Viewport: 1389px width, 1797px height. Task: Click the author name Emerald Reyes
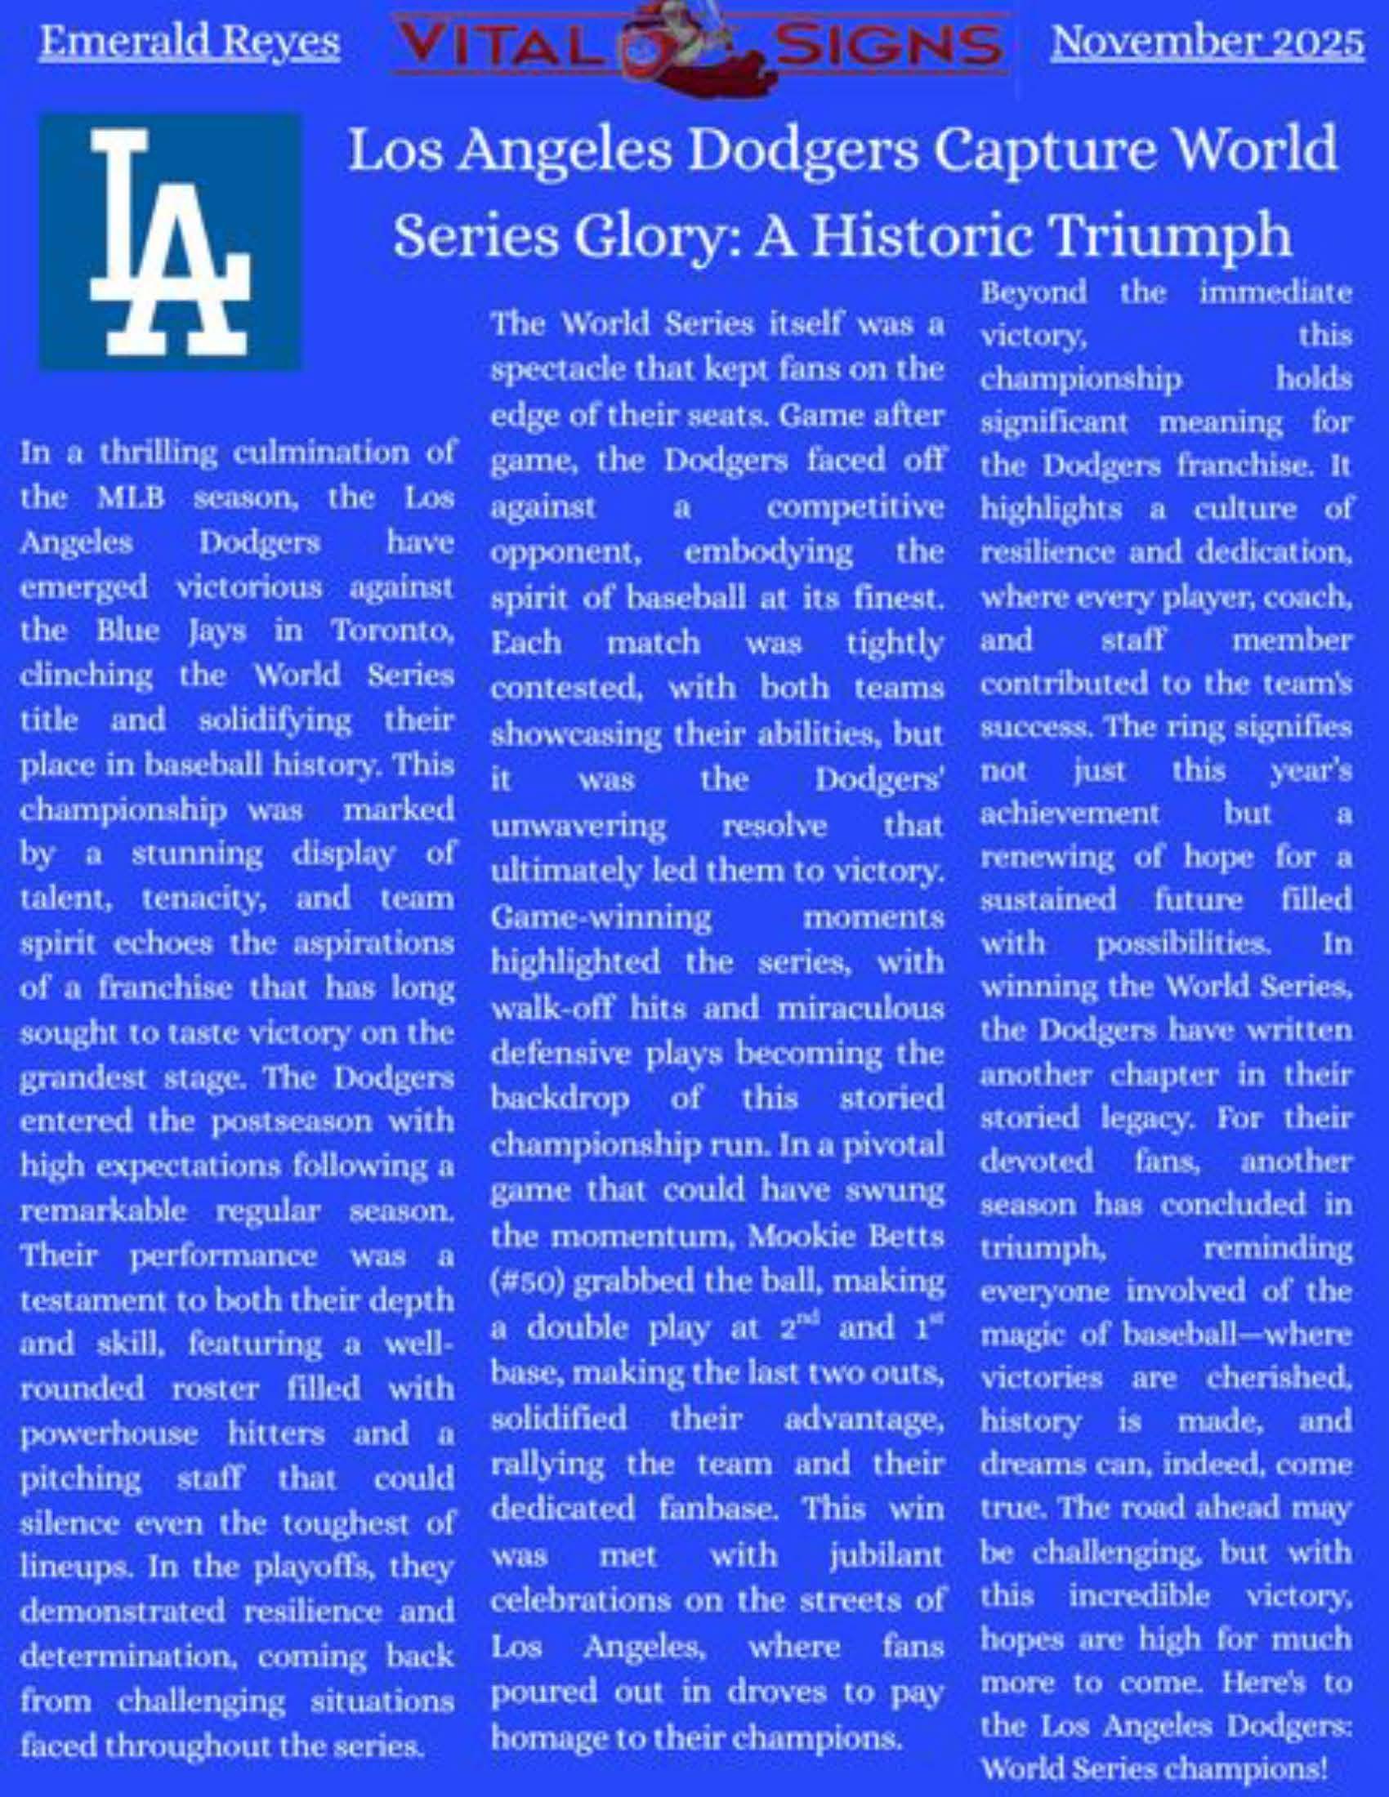click(x=190, y=41)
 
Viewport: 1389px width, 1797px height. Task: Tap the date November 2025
click(x=1207, y=41)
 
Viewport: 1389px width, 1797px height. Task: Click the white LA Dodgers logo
click(x=169, y=240)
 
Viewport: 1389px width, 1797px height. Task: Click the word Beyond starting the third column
click(x=1033, y=292)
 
